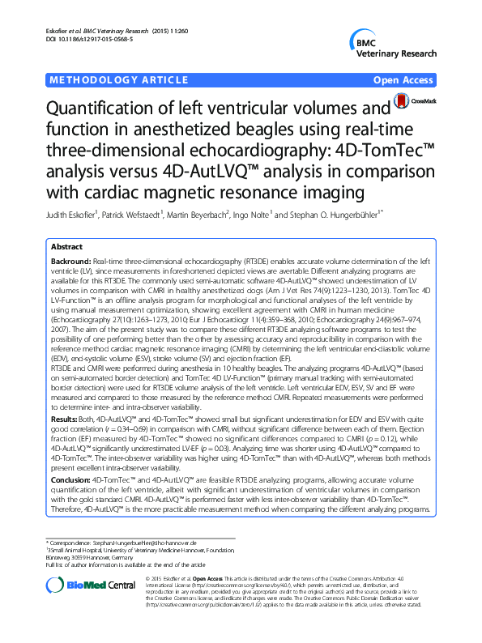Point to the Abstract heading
(x=66, y=247)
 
